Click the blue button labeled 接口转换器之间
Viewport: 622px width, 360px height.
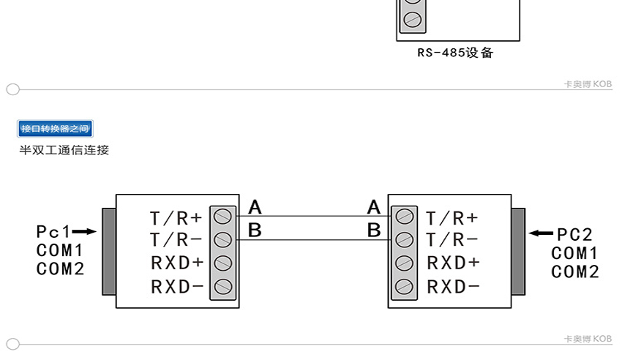point(56,130)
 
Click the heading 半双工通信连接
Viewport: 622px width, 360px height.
point(64,150)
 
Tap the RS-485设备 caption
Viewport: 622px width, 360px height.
point(455,53)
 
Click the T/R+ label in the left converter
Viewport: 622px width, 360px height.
point(176,218)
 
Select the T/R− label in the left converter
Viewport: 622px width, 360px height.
point(176,240)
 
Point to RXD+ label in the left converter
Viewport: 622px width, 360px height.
point(176,263)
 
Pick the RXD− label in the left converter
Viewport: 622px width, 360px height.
point(176,286)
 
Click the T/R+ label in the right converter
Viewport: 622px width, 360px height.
point(452,218)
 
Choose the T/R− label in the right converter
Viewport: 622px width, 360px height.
point(452,240)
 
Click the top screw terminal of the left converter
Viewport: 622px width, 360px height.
point(223,217)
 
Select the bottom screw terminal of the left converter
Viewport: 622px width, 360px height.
point(223,286)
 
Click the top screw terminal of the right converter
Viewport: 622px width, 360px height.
point(403,217)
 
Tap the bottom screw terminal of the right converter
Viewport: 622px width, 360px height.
point(403,286)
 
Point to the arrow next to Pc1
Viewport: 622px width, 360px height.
point(85,232)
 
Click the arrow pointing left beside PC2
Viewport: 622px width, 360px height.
point(542,233)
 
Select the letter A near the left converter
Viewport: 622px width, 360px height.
point(255,207)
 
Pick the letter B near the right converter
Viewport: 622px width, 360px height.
point(374,230)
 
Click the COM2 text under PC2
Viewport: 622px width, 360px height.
point(575,272)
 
